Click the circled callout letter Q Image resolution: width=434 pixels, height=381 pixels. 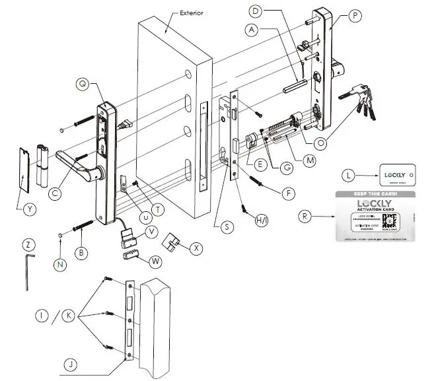coord(83,84)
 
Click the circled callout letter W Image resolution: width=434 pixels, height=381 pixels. coord(156,261)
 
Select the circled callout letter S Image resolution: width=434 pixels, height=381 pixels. coord(227,226)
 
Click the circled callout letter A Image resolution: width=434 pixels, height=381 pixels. coord(250,30)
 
